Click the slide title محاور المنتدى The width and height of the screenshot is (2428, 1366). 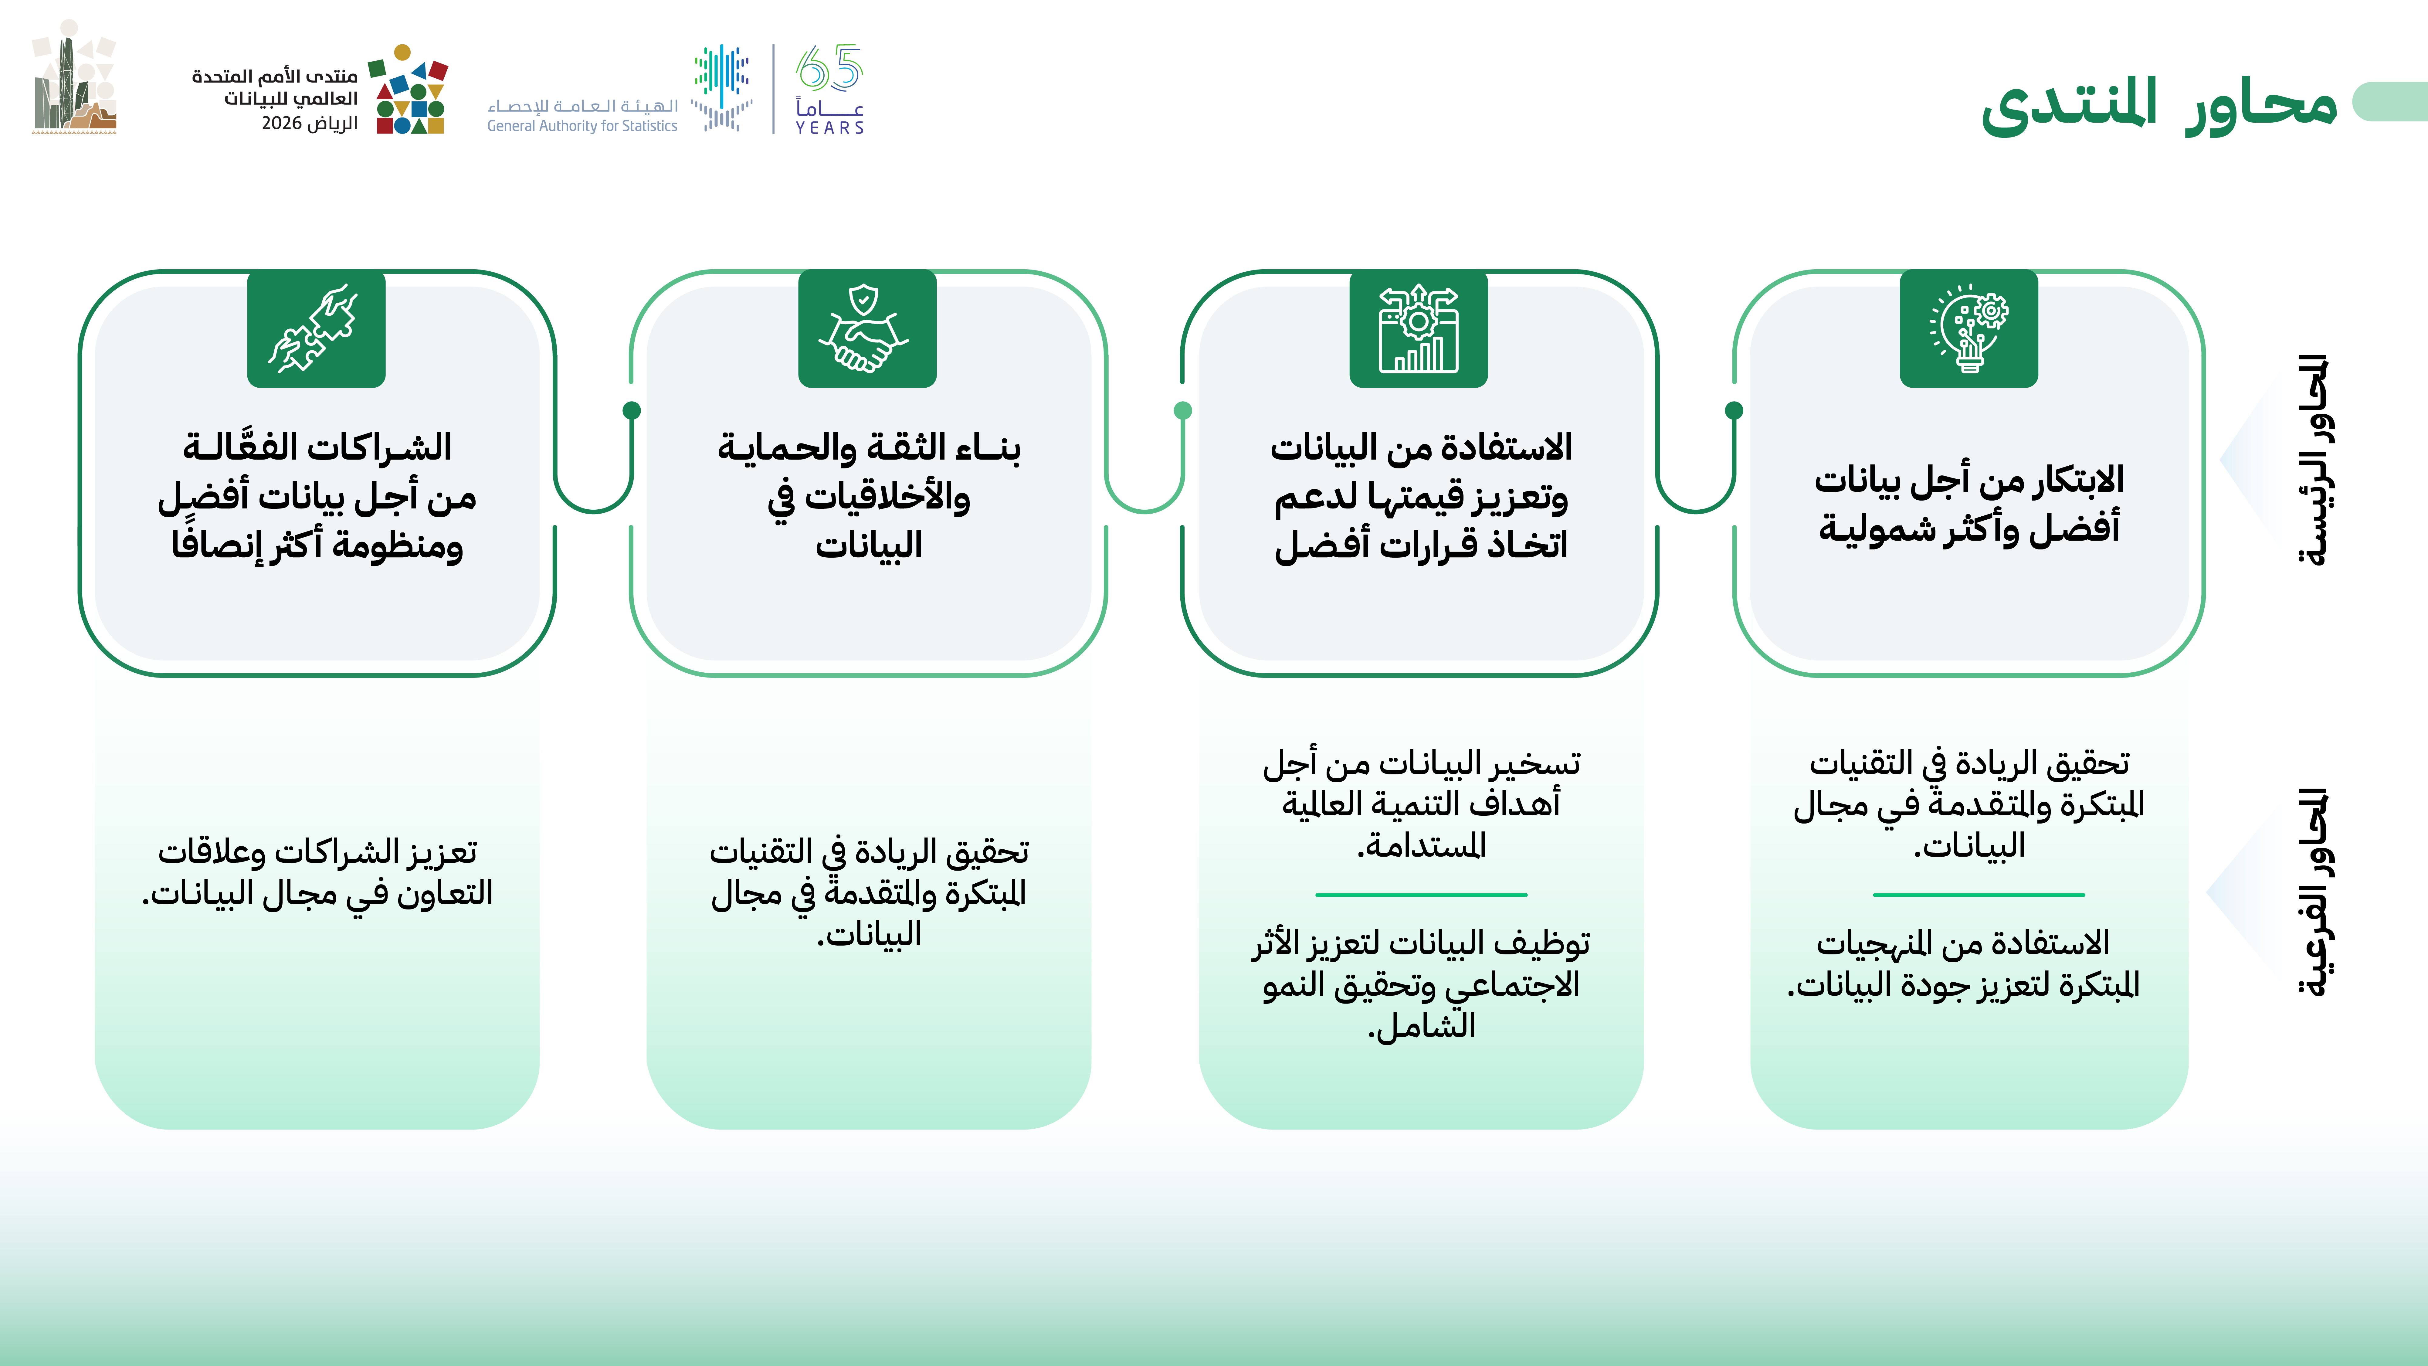(2158, 104)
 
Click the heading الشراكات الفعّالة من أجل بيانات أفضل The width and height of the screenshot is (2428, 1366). (318, 496)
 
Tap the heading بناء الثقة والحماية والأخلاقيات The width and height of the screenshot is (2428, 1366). (869, 496)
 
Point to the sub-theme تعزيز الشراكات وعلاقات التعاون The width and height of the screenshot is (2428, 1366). (318, 872)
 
